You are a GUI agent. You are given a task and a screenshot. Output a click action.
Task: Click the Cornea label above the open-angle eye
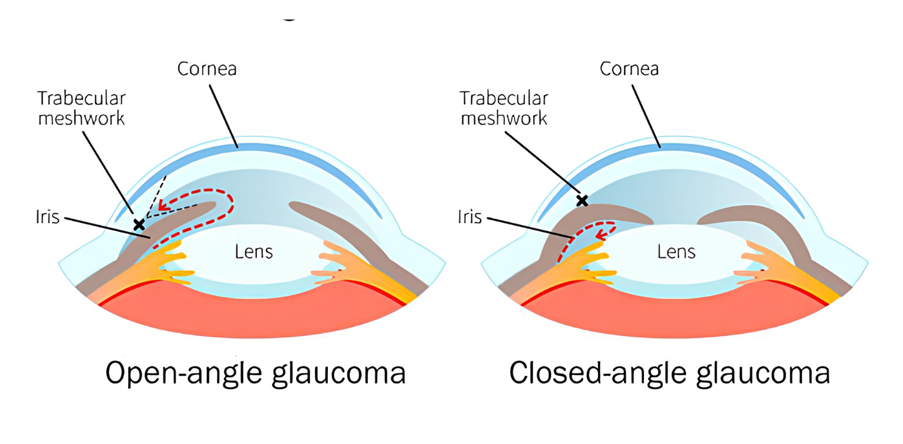[207, 69]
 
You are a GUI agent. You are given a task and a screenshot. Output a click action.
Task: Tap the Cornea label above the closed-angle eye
[629, 69]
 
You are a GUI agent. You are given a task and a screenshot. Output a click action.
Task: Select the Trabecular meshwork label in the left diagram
[82, 108]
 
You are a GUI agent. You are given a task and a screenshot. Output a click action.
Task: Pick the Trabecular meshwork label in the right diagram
[504, 108]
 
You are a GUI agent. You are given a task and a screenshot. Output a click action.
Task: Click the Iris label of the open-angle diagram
[48, 217]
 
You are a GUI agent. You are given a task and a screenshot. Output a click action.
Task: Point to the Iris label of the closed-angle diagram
[470, 217]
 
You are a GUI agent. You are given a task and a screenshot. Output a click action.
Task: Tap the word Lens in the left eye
[254, 252]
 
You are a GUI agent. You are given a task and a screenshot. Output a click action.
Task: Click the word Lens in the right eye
[676, 252]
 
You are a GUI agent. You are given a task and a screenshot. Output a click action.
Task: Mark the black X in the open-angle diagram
[139, 224]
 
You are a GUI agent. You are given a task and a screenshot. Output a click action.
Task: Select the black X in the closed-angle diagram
[582, 200]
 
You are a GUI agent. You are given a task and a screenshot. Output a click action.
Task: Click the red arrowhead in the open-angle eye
[163, 205]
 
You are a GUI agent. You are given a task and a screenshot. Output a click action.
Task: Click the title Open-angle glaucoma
[255, 374]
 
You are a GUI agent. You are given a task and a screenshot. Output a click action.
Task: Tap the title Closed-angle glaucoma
[670, 374]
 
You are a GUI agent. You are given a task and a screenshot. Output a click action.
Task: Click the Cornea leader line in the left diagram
[223, 116]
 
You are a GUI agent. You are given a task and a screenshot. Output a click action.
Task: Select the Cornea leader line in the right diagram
[646, 116]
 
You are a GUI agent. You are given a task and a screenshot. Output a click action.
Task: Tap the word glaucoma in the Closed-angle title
[764, 374]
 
